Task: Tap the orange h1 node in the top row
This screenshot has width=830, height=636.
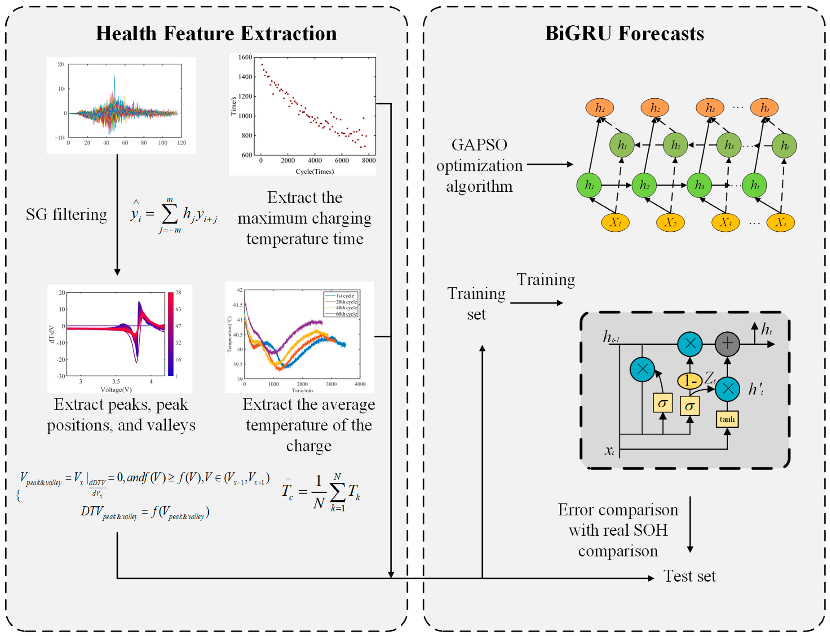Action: pos(600,108)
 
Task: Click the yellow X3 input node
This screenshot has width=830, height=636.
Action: pos(725,222)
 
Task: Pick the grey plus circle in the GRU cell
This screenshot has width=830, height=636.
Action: pos(727,344)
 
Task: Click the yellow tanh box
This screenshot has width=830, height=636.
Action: pos(727,419)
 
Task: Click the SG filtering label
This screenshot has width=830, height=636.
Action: pos(66,215)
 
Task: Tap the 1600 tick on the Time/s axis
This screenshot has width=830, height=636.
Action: pos(245,57)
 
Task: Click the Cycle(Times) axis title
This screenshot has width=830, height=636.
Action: pos(315,171)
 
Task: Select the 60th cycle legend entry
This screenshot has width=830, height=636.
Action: pos(346,314)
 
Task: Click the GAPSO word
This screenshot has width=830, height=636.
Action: pos(479,145)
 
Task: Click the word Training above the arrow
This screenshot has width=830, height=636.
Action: pos(545,279)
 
